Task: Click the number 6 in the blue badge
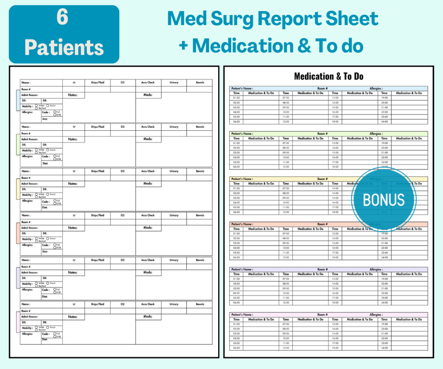pos(63,18)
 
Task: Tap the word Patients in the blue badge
pos(64,47)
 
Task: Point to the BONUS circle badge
pos(383,199)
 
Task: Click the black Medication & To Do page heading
pos(328,77)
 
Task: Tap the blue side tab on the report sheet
pos(18,100)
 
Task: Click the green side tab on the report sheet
pos(18,144)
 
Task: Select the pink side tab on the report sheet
pos(18,322)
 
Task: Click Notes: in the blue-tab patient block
pos(73,95)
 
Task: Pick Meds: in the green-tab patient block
pos(148,139)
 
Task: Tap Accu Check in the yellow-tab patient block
pos(148,171)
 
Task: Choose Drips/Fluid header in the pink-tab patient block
pos(97,304)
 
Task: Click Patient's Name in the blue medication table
pos(242,88)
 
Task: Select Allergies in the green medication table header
pos(376,133)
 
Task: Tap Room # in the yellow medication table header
pos(323,179)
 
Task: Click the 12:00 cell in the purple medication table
pos(286,303)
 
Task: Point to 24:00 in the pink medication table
pos(384,348)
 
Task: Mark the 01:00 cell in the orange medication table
pos(236,234)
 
